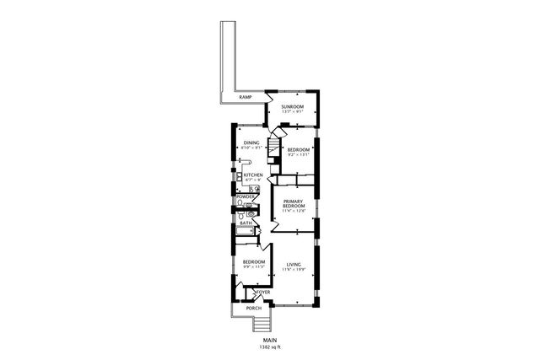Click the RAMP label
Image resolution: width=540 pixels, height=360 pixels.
(x=246, y=98)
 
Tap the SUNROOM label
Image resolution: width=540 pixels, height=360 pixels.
(x=293, y=107)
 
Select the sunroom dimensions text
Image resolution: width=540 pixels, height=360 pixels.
(x=293, y=113)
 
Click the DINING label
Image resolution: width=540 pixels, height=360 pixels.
(x=251, y=142)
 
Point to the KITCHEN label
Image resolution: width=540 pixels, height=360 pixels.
(x=253, y=175)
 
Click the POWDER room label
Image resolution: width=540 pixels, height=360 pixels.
(x=246, y=196)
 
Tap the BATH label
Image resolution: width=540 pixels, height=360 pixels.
(x=246, y=223)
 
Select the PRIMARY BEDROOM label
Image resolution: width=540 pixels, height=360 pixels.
(x=293, y=203)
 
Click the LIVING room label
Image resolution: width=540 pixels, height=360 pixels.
(x=293, y=263)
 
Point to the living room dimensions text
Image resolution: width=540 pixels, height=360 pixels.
(x=293, y=269)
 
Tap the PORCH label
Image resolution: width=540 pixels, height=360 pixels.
(x=254, y=309)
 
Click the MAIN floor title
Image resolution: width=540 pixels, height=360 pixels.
(x=269, y=341)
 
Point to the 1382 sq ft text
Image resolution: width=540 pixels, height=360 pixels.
(x=269, y=347)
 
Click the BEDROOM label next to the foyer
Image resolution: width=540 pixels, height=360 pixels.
(x=254, y=262)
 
